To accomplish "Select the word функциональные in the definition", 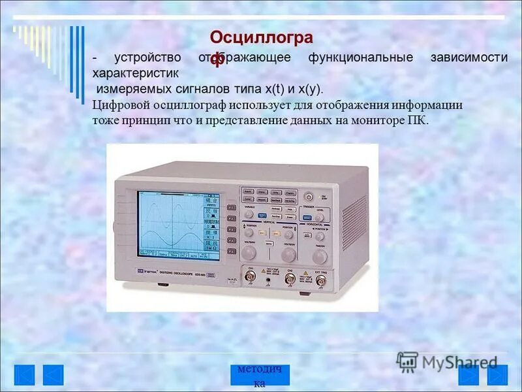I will pyautogui.click(x=361, y=57).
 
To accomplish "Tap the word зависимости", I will pyautogui.click(x=468, y=57).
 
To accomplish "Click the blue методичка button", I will pyautogui.click(x=260, y=375).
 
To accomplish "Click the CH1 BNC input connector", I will pyautogui.click(x=251, y=278).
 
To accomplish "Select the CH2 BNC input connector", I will pyautogui.click(x=289, y=280).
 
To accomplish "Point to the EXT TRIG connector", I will pyautogui.click(x=320, y=280).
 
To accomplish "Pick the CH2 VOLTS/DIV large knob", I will pyautogui.click(x=287, y=253).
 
